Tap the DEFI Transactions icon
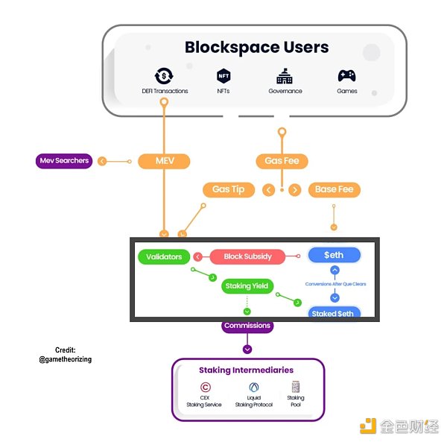tap(165, 75)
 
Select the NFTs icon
tap(223, 75)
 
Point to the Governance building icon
tap(285, 75)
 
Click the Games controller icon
tap(346, 75)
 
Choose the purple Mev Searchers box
tap(64, 160)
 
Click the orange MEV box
tap(164, 160)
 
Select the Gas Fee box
tap(282, 160)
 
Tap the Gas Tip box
tap(228, 189)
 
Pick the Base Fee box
tap(334, 189)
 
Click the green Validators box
tap(164, 256)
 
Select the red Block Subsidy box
tap(247, 256)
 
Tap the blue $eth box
tap(335, 255)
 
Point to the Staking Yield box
tap(248, 285)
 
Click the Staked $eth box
tap(334, 313)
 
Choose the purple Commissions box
tap(247, 326)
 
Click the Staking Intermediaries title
tap(246, 370)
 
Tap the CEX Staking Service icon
tap(205, 387)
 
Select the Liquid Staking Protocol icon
tap(253, 387)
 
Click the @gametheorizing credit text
tap(65, 359)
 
